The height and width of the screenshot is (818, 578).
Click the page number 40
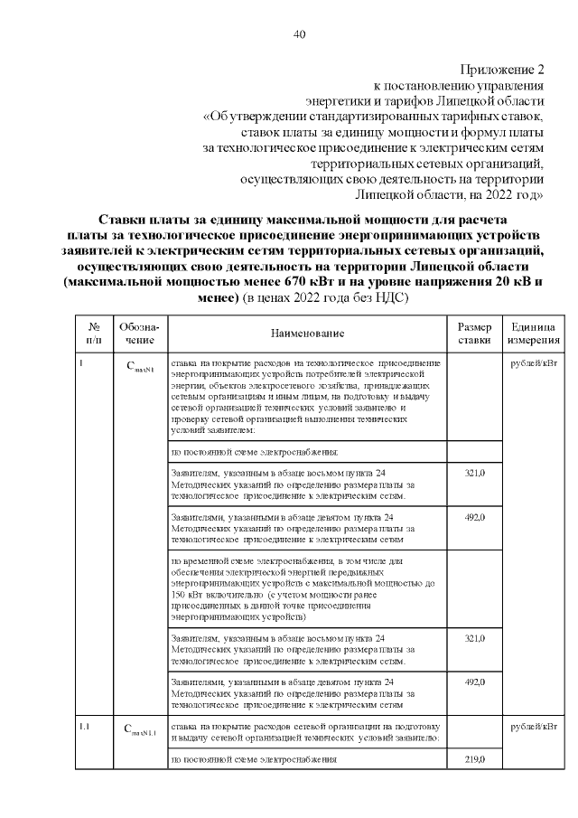300,34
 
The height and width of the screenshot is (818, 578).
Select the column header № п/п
94,333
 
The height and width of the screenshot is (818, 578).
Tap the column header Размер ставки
474,333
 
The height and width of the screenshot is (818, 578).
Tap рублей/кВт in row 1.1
533,727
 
